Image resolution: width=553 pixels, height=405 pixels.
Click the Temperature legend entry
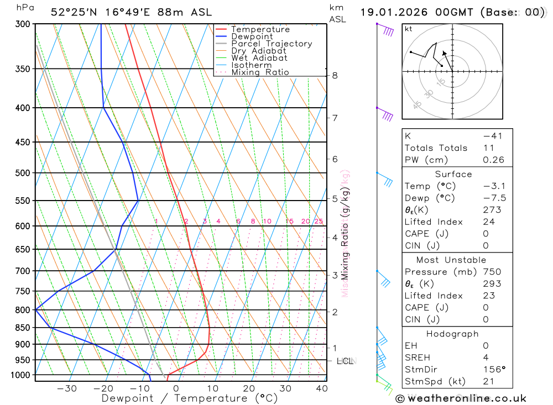tap(260, 29)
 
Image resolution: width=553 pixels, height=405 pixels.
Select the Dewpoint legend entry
tap(252, 36)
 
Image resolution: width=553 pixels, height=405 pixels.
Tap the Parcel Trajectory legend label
tap(272, 44)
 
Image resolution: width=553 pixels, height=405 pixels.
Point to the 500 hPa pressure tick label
tap(23, 173)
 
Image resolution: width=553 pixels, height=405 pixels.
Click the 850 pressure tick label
tap(23, 328)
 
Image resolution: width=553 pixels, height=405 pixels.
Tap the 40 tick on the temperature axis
tap(321, 388)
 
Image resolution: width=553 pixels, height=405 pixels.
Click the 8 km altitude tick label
tap(335, 76)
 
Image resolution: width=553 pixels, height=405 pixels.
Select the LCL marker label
tap(345, 361)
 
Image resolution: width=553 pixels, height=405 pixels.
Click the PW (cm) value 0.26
tap(494, 160)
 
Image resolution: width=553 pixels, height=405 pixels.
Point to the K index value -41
tap(492, 136)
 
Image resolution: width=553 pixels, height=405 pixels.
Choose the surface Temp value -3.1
tap(494, 186)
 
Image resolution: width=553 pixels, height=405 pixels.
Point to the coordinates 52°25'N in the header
tap(72, 12)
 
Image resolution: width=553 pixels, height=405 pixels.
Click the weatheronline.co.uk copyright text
tap(461, 398)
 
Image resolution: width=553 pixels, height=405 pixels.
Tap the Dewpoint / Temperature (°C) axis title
tap(190, 398)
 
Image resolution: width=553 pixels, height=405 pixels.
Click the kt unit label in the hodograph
tap(409, 29)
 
